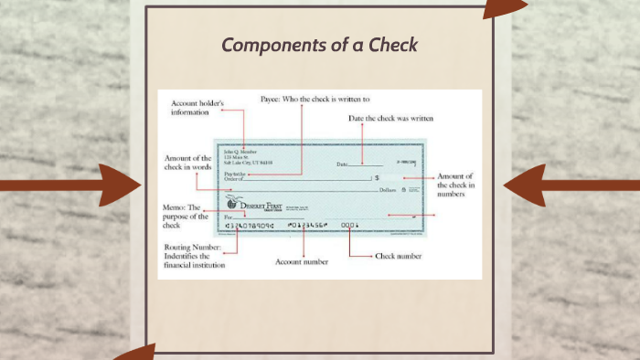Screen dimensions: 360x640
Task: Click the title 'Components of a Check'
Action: tap(319, 45)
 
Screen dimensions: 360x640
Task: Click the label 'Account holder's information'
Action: tap(197, 109)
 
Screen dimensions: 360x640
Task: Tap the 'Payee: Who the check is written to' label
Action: tap(315, 98)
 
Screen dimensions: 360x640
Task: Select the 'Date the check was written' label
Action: tap(391, 119)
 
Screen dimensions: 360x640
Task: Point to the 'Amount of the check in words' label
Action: tap(187, 163)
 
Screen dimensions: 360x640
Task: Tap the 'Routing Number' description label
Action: tap(194, 257)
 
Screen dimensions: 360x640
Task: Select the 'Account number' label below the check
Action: tap(302, 262)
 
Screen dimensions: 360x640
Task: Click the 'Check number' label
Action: tap(399, 257)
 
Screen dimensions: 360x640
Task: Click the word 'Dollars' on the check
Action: tap(388, 190)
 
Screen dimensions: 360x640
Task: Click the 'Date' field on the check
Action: tap(343, 164)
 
